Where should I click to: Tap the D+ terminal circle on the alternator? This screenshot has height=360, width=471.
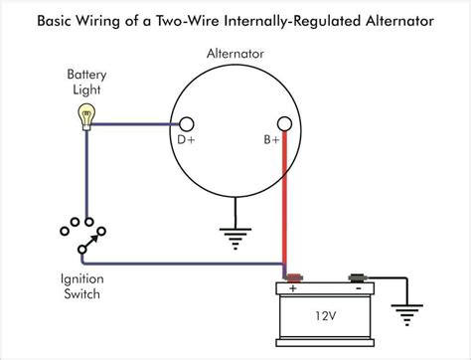coord(186,124)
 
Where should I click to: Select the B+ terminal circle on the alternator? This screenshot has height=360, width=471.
coord(284,124)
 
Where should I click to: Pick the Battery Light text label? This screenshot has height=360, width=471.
coord(86,81)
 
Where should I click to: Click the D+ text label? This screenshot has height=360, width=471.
coord(186,141)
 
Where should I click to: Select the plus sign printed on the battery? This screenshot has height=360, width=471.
coord(295,290)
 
